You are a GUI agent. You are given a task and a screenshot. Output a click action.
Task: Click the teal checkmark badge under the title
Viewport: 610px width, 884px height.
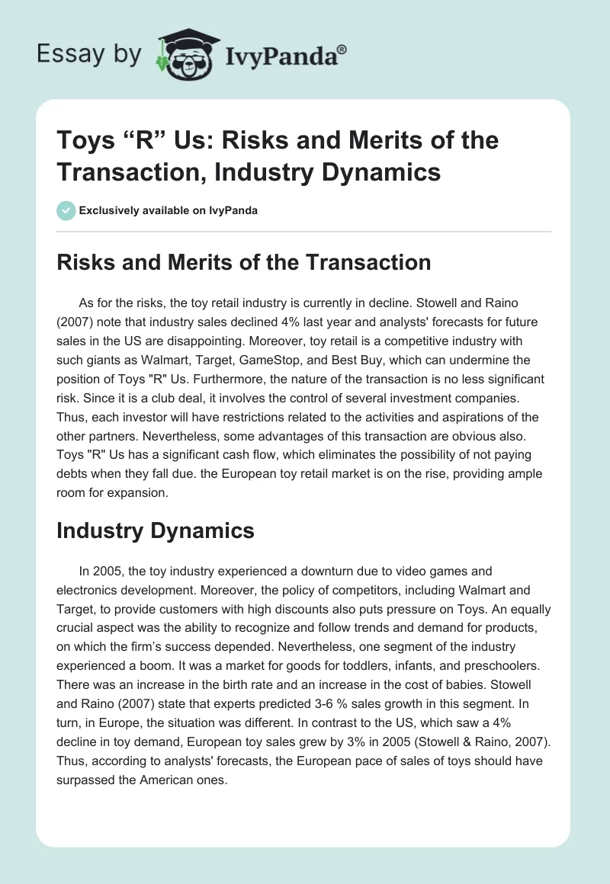pyautogui.click(x=66, y=210)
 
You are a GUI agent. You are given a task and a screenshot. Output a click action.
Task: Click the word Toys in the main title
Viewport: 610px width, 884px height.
pyautogui.click(x=82, y=141)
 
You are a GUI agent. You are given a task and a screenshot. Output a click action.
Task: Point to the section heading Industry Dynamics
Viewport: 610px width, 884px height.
pyautogui.click(x=155, y=531)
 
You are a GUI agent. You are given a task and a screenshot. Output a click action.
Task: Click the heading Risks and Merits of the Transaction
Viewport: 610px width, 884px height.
pyautogui.click(x=243, y=262)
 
